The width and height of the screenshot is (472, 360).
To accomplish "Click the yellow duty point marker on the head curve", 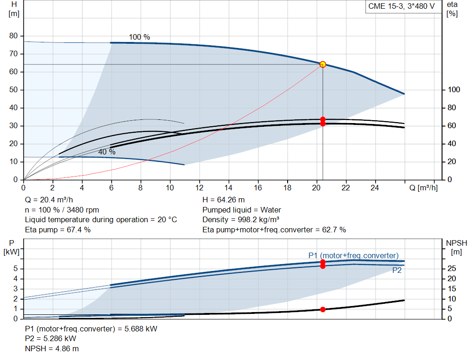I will coord(323,64).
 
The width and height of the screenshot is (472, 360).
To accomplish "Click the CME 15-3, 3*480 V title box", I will coord(401,6).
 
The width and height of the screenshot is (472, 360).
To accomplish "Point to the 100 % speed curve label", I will coord(139,37).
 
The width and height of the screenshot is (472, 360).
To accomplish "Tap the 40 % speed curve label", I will coord(106,152).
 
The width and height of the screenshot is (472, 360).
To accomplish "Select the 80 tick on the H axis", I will coord(13,36).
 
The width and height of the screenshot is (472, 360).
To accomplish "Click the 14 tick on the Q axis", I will coord(229,188).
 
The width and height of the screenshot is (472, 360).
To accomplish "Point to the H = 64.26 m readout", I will coord(224,200).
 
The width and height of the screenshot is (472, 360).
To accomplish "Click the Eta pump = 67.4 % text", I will coord(58,230).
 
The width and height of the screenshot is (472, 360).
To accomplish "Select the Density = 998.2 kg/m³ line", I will coord(242,220).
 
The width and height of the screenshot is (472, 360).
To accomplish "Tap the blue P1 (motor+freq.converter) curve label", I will coord(354,255).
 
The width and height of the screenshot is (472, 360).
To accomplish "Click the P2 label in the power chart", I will coord(397,271).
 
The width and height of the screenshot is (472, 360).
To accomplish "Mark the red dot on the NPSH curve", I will coord(323,309).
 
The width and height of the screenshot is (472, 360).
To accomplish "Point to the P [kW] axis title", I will coord(12,247).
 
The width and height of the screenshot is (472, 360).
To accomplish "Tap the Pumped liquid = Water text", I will coord(242,210).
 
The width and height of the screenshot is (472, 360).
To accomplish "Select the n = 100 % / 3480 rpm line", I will coord(62,210).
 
